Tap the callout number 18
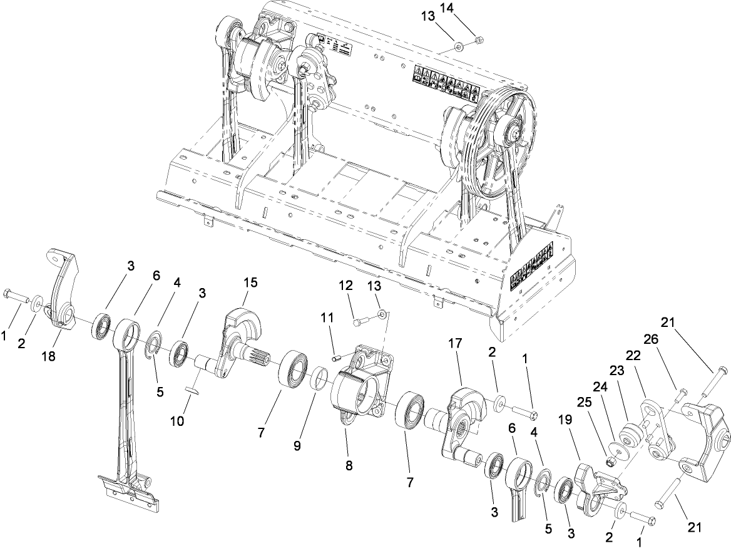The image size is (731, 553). click(x=49, y=356)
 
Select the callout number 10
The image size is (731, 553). click(x=177, y=421)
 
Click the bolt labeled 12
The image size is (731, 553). click(x=359, y=323)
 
